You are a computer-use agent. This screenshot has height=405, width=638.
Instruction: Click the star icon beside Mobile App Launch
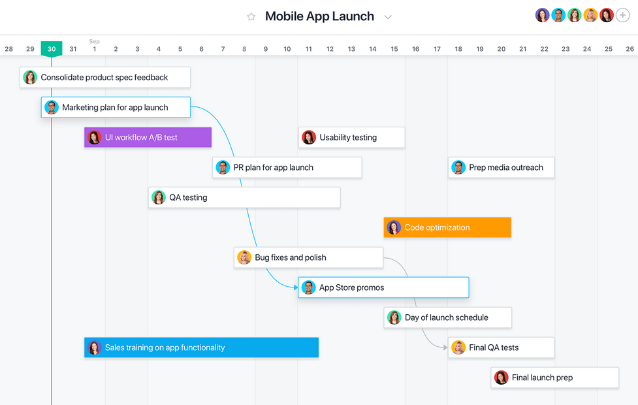[x=251, y=17]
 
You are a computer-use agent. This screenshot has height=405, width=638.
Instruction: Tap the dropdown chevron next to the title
[x=388, y=17]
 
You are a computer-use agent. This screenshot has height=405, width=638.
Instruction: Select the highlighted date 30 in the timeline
[x=52, y=49]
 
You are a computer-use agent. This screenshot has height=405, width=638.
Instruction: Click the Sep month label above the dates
[x=95, y=41]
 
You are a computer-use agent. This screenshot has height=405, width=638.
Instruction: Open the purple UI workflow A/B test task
[x=148, y=137]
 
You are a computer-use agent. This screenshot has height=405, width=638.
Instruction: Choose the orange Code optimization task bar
[x=447, y=227]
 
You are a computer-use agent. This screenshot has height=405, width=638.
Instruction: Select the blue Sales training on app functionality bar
[x=201, y=348]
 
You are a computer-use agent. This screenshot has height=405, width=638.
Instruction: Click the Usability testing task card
[x=351, y=137]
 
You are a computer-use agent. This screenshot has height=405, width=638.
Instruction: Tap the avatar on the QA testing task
[x=159, y=197]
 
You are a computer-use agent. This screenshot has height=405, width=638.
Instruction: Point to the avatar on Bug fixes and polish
[x=244, y=257]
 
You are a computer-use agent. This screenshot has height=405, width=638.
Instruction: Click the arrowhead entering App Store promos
[x=296, y=287]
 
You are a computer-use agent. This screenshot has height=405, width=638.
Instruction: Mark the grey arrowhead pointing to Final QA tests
[x=445, y=348]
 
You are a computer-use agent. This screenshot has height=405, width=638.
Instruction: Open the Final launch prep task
[x=554, y=378]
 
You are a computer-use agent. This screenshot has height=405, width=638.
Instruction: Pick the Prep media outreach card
[x=502, y=167]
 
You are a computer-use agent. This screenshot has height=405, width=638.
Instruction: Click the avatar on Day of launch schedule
[x=394, y=317]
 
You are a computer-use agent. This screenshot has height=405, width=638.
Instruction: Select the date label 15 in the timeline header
[x=394, y=49]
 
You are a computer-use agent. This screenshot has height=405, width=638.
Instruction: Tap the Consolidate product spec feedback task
[x=105, y=77]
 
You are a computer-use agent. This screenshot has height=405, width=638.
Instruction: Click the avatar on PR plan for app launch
[x=223, y=167]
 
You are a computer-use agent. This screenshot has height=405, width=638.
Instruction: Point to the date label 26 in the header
[x=630, y=49]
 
